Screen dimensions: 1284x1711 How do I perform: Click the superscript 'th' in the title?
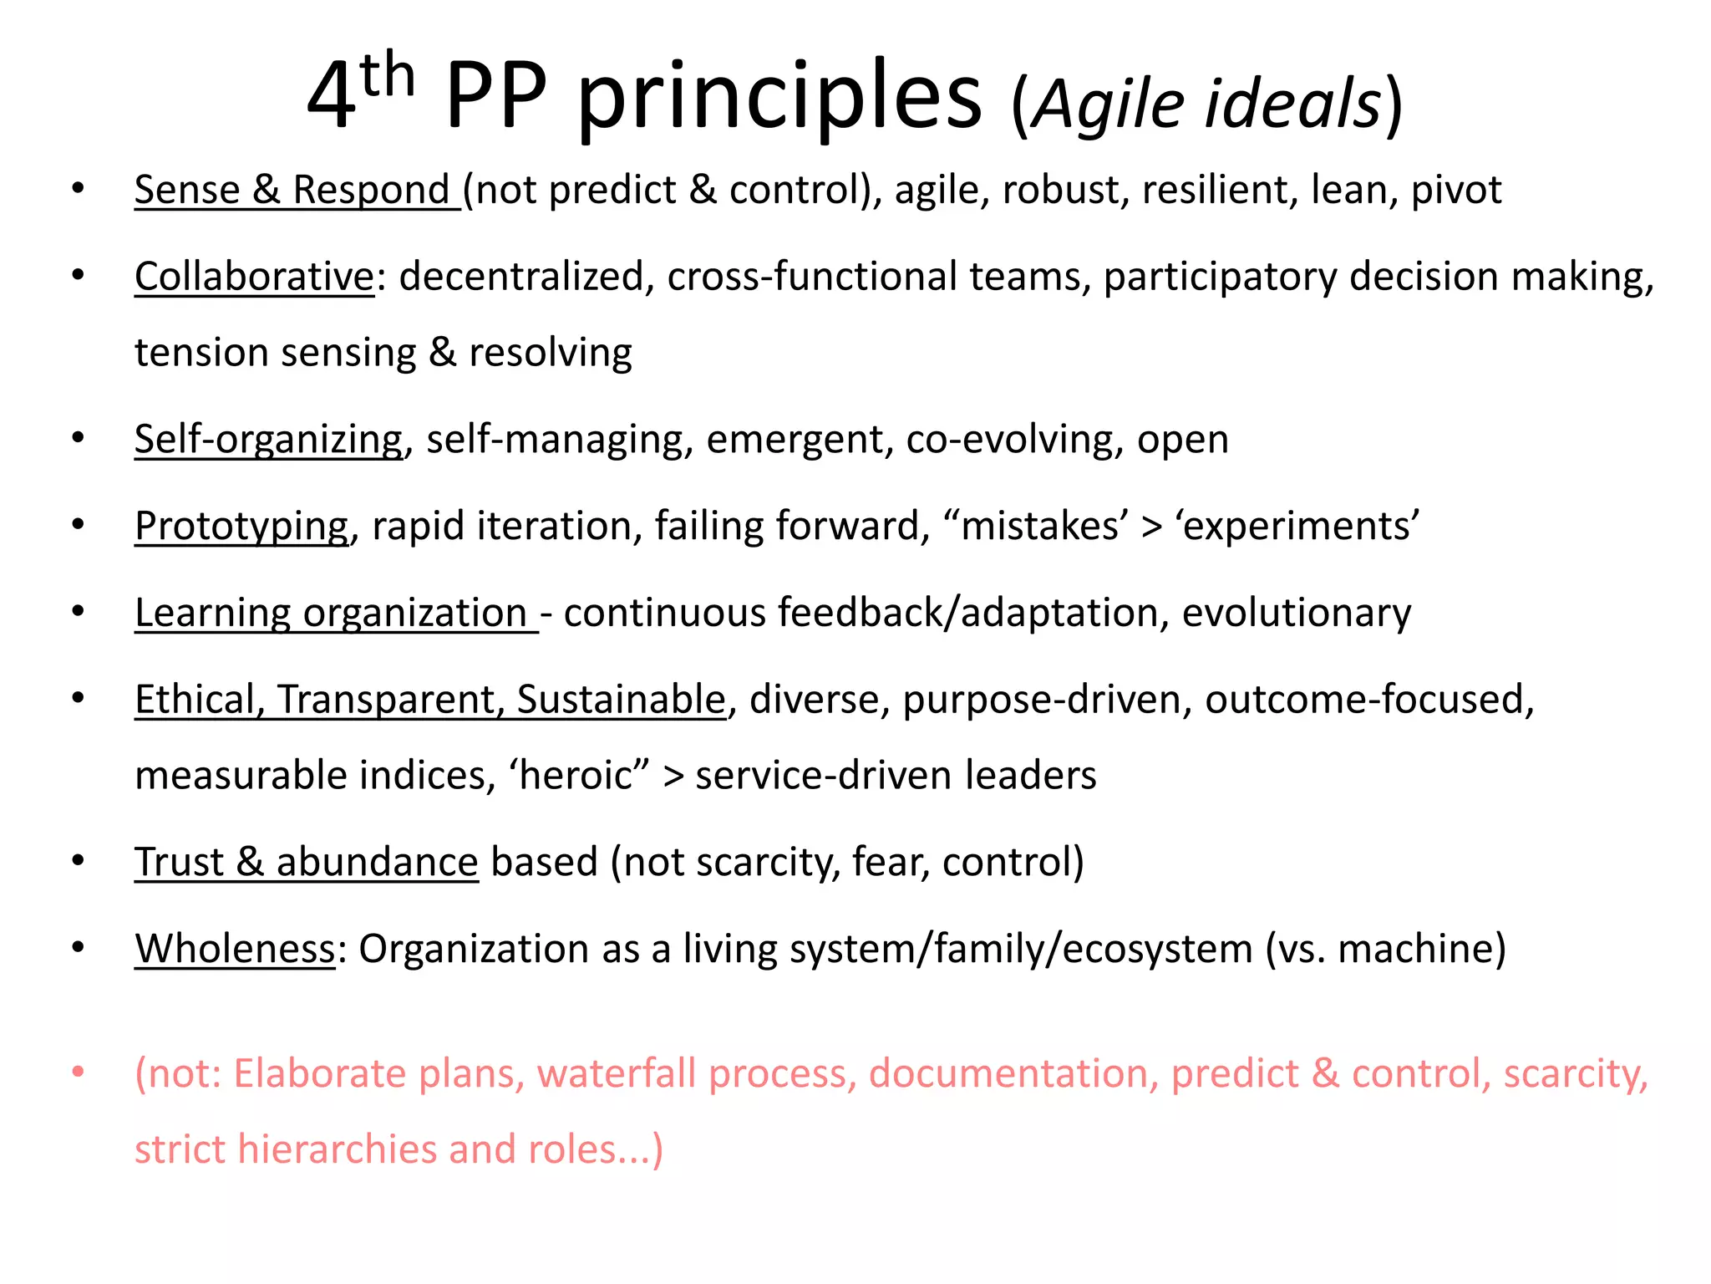point(388,75)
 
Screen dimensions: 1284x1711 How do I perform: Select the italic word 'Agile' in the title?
point(1108,104)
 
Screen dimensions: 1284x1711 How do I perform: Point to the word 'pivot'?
point(1456,190)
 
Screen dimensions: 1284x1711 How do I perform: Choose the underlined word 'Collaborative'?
point(254,277)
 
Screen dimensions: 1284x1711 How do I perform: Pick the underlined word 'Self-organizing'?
point(268,440)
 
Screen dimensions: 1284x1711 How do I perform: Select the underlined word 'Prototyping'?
point(241,527)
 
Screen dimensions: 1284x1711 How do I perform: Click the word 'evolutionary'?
point(1296,613)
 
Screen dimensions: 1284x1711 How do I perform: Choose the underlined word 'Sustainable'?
point(621,700)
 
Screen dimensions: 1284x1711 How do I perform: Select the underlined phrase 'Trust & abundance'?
point(306,862)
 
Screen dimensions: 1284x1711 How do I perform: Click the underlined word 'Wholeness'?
point(235,949)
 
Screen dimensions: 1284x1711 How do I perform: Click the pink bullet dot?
point(78,1072)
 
